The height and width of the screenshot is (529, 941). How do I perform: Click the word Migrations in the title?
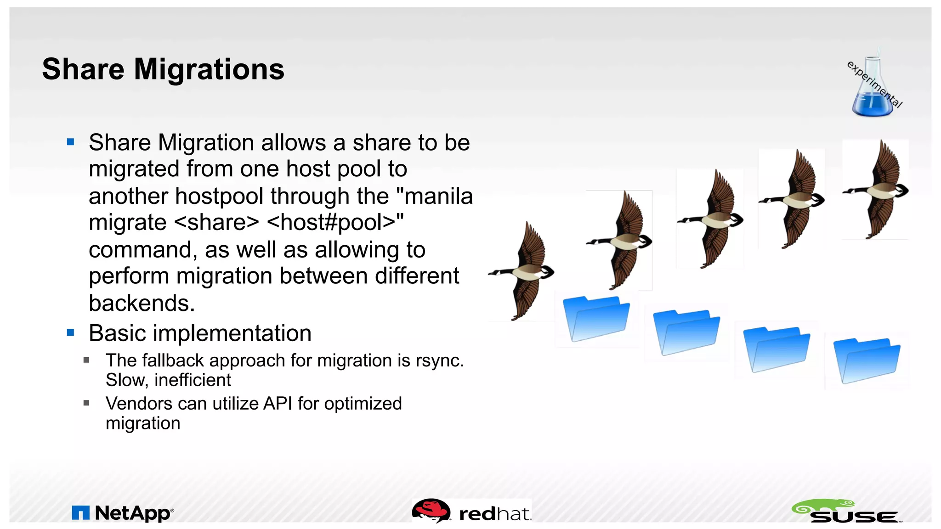(209, 69)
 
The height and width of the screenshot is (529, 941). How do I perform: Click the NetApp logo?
(123, 513)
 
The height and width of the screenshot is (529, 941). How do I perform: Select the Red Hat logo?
(472, 512)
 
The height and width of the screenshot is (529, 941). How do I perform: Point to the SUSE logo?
(847, 511)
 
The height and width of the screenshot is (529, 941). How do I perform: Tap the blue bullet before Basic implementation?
(70, 332)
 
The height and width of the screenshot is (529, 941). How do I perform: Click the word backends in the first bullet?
(142, 303)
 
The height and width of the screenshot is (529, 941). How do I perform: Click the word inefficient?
(193, 380)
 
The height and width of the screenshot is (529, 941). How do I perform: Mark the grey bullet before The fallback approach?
(86, 360)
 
